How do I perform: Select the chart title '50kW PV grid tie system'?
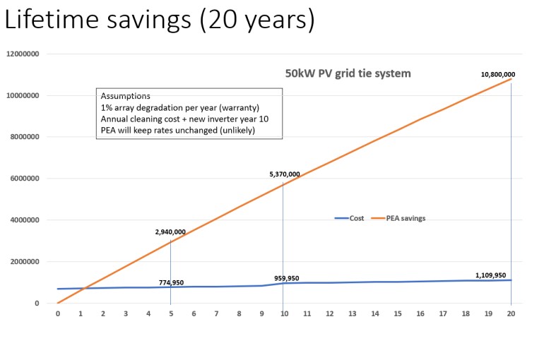pyautogui.click(x=347, y=73)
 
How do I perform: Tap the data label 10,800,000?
pyautogui.click(x=498, y=74)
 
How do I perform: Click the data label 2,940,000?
pyautogui.click(x=170, y=232)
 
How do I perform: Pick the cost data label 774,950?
pyautogui.click(x=171, y=282)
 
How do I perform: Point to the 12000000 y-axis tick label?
pyautogui.click(x=23, y=54)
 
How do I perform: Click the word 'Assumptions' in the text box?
pyautogui.click(x=125, y=96)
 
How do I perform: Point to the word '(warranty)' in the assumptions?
pyautogui.click(x=237, y=107)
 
